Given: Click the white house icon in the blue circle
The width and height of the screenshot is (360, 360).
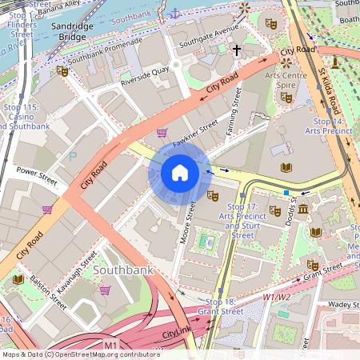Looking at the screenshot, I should [180, 173].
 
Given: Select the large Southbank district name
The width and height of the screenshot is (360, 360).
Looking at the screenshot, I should [122, 270].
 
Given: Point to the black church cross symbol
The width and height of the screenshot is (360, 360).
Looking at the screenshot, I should [237, 50].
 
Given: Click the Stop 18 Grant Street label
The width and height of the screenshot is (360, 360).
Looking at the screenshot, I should [216, 306].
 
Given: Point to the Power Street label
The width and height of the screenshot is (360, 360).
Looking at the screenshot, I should [37, 174].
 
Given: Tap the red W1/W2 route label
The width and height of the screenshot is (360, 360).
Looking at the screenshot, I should [277, 298].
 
